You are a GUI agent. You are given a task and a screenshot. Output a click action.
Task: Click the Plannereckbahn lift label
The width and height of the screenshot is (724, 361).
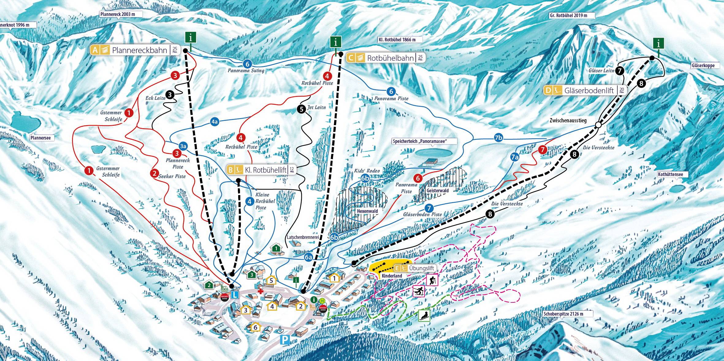(x=139, y=50)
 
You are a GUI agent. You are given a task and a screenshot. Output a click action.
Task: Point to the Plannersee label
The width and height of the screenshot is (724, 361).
(x=40, y=138)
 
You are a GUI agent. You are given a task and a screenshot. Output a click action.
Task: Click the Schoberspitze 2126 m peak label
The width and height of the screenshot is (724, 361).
(x=563, y=314)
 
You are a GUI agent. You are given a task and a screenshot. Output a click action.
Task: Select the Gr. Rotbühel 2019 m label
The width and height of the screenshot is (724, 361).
(x=568, y=15)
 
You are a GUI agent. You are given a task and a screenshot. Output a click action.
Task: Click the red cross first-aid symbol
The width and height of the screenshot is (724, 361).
(x=260, y=291)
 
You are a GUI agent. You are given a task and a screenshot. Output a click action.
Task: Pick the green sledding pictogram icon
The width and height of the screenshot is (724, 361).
(x=424, y=315)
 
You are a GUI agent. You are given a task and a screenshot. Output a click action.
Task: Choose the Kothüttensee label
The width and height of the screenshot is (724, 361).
(x=670, y=175)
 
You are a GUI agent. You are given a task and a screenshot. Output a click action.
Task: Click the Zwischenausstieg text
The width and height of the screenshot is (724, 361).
(x=568, y=121)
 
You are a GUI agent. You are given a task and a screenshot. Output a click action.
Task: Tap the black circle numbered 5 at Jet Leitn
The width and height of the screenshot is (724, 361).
(x=301, y=109)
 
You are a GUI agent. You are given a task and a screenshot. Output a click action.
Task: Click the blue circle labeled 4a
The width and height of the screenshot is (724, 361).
(x=215, y=121)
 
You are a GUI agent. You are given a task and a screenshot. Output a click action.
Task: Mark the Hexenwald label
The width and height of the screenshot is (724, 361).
(x=367, y=211)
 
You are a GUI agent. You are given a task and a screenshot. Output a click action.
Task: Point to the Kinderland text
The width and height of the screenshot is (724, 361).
(x=392, y=276)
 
